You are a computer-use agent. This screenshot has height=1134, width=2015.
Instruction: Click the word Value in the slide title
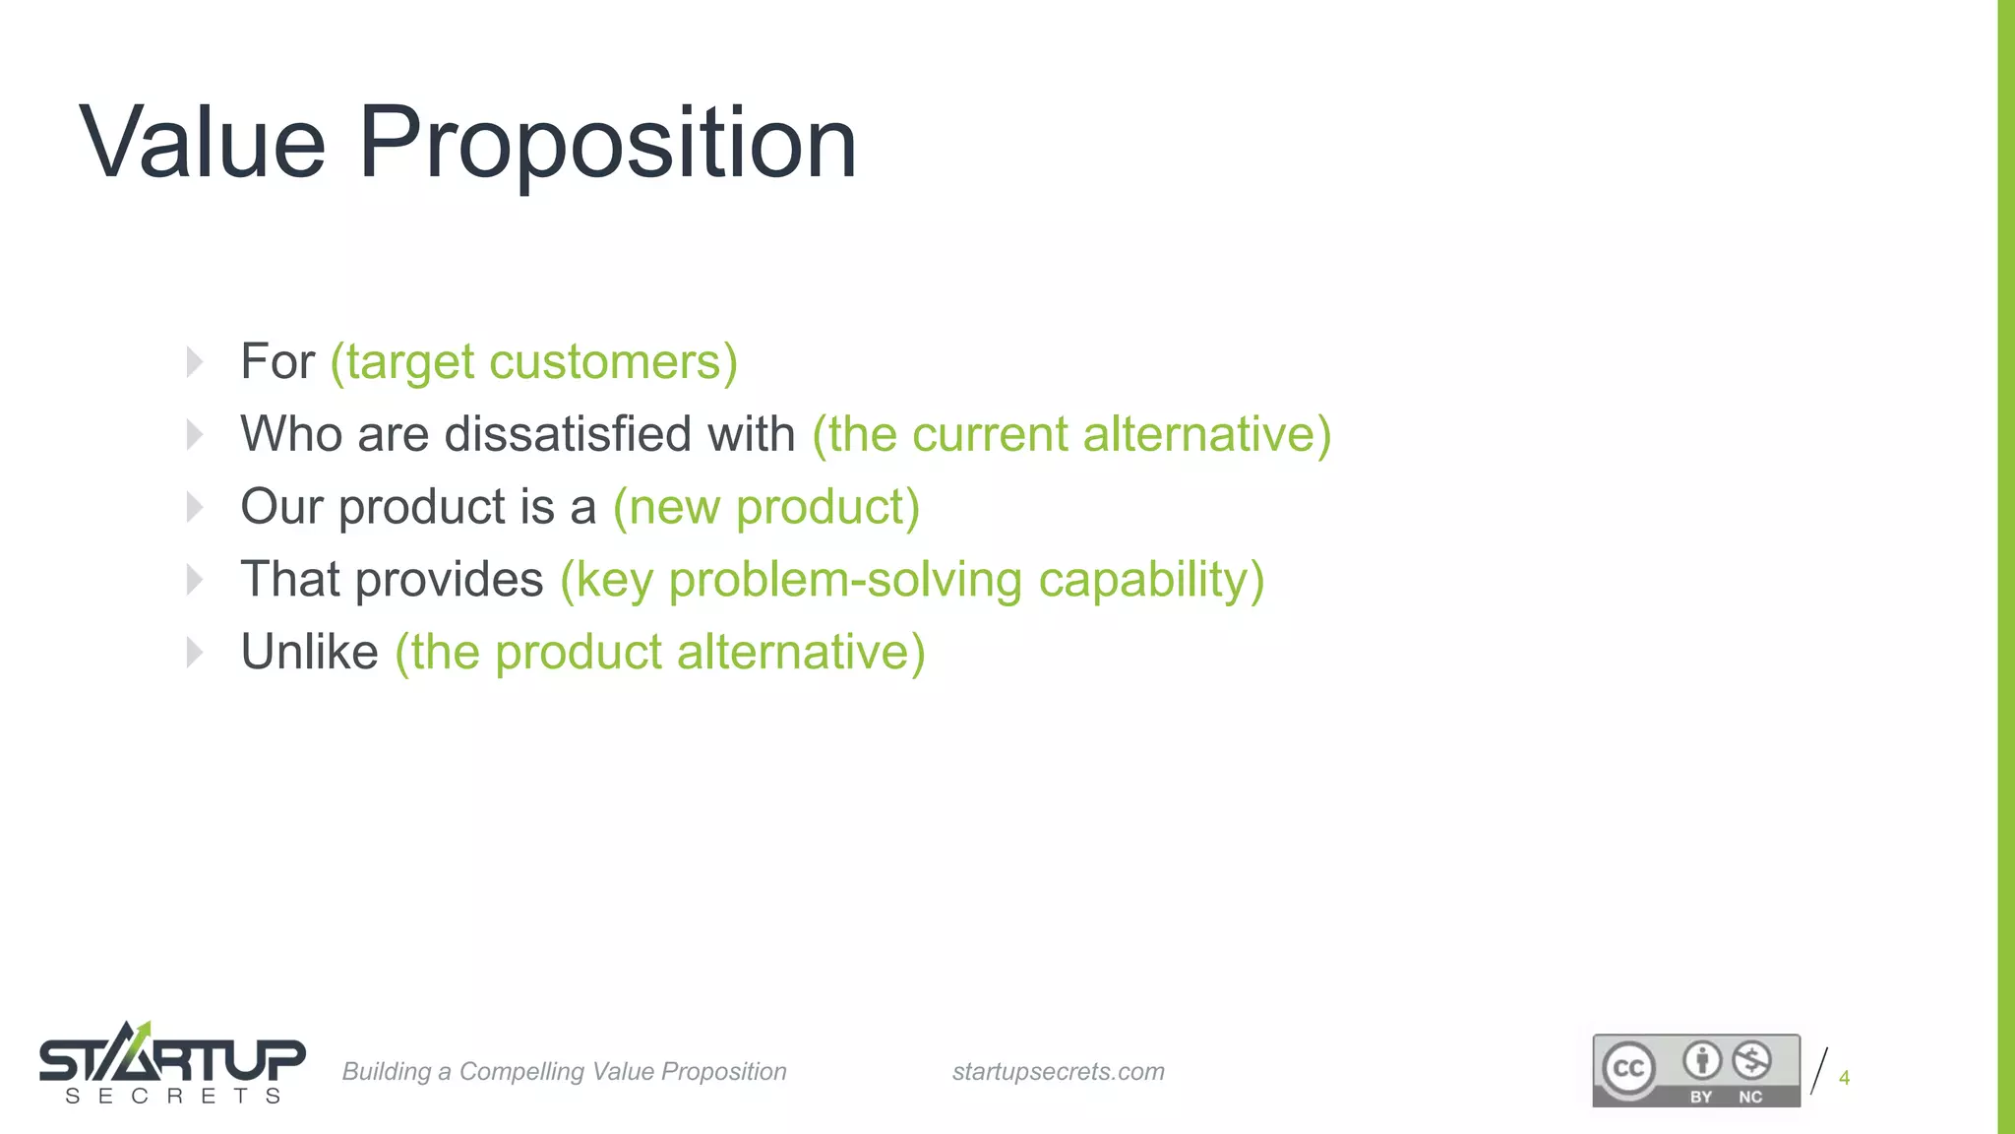coord(202,144)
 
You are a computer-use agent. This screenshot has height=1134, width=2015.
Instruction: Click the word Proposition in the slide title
coord(607,144)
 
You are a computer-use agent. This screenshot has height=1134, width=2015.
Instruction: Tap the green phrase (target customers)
coord(533,362)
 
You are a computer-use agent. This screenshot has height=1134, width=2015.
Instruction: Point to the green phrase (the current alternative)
coord(1070,434)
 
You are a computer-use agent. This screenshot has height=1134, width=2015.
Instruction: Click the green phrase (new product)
coord(765,507)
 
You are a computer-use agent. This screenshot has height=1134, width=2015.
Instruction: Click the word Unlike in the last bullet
coord(309,652)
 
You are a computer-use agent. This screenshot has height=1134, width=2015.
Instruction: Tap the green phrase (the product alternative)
coord(659,652)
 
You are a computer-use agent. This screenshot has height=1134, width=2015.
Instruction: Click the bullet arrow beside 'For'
coord(195,362)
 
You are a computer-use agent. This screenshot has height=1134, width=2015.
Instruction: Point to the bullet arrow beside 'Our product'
coord(195,507)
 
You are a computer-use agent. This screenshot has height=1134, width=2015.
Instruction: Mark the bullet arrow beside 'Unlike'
coord(195,652)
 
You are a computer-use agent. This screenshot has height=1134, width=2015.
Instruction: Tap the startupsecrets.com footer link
coord(1058,1071)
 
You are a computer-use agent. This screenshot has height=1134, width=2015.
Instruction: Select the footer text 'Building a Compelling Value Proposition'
coord(564,1071)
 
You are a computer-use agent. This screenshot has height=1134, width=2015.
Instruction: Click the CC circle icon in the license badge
coord(1628,1068)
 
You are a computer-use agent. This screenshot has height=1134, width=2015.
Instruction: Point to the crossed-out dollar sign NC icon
coord(1751,1061)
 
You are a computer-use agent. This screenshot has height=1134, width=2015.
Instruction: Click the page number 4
coord(1844,1078)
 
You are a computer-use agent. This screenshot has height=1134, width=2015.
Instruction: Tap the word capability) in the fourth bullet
coord(1150,580)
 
